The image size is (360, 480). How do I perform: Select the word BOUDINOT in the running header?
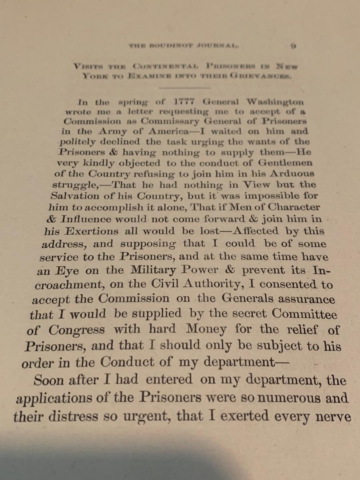pyautogui.click(x=173, y=46)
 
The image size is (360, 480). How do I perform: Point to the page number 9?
pyautogui.click(x=293, y=46)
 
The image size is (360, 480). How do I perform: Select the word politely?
pyautogui.click(x=78, y=142)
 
